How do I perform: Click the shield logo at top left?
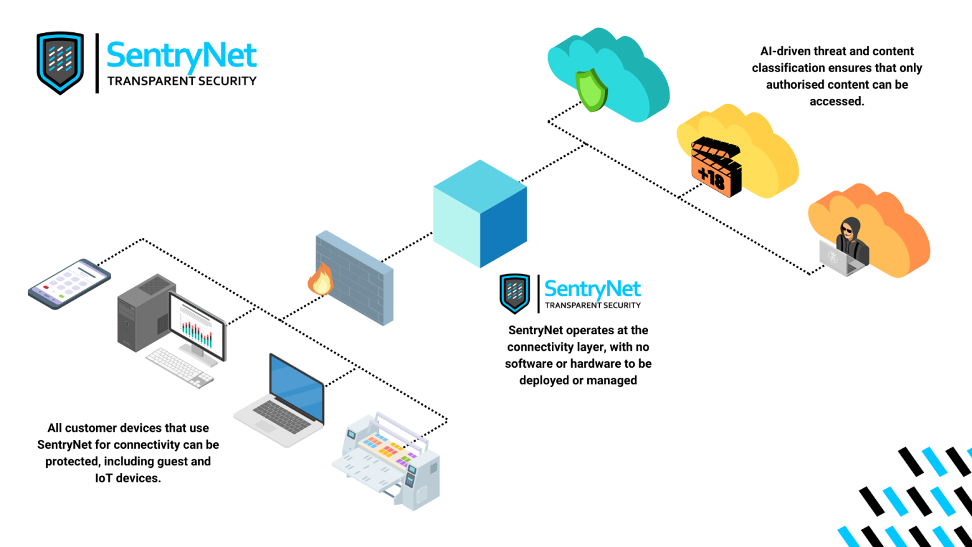pos(60,62)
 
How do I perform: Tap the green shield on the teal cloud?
pos(591,90)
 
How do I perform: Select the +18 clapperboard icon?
pos(716,167)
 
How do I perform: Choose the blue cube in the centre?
pos(480,213)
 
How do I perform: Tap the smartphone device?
pos(69,284)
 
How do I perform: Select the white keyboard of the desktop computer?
pos(180,368)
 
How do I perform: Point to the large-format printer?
pos(387,462)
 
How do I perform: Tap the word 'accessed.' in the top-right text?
pos(837,101)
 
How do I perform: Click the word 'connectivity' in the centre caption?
pos(539,347)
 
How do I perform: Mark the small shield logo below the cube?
pos(514,293)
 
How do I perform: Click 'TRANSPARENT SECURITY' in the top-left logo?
pos(182,81)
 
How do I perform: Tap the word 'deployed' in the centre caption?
pos(544,380)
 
